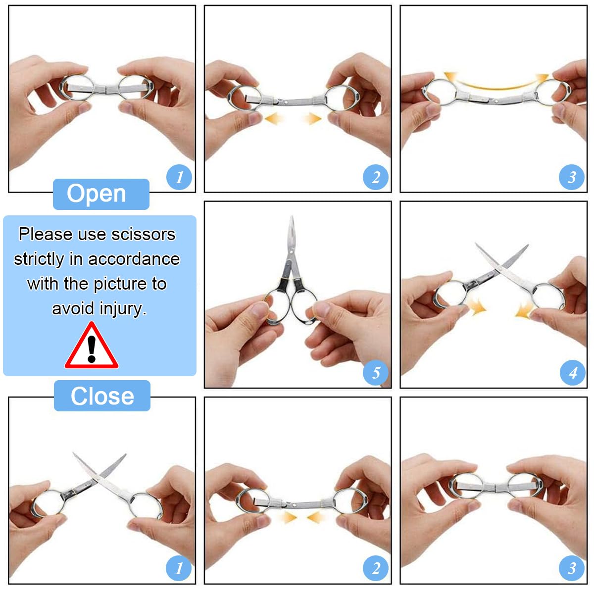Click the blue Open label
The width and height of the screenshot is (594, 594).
[101, 194]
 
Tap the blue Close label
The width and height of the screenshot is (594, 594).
[102, 396]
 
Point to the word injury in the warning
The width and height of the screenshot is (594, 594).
[123, 308]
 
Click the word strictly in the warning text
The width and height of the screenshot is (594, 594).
[39, 259]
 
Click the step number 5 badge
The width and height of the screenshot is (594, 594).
[376, 372]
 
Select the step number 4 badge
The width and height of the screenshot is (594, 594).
[572, 372]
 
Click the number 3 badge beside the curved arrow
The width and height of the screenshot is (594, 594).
[572, 177]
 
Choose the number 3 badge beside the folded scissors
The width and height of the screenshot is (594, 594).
[572, 568]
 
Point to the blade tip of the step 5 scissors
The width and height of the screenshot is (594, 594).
[292, 218]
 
